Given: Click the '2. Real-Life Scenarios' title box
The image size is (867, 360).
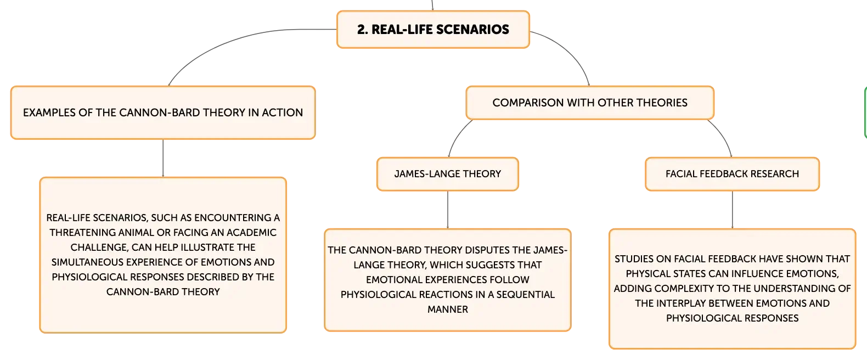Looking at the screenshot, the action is tap(433, 30).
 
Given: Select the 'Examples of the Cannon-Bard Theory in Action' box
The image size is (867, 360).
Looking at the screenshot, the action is tap(163, 113).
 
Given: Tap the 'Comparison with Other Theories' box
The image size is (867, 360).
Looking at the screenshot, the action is tap(590, 103).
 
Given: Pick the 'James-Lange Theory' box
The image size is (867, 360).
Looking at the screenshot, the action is tap(448, 174).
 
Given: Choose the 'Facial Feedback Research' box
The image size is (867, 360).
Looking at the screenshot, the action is tap(733, 174).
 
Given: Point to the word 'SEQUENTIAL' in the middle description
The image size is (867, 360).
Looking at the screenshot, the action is tap(526, 295).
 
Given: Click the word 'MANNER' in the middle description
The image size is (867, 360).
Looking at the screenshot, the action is tap(448, 310).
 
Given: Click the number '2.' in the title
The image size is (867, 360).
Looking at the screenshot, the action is tap(363, 30).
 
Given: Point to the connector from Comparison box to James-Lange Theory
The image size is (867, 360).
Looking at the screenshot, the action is tap(457, 136).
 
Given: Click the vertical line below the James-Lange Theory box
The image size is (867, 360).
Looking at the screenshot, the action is tap(448, 210).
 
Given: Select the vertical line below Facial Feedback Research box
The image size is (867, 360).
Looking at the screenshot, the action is tap(733, 210).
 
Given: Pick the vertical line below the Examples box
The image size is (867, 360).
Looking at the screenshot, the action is tap(163, 158).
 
